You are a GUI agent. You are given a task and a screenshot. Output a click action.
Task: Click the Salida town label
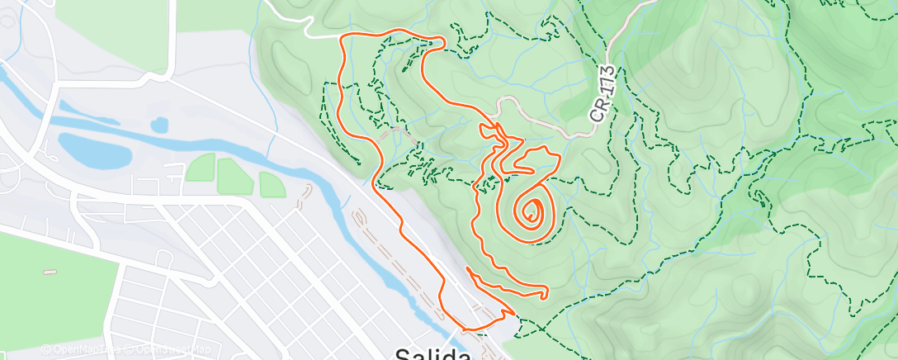pyautogui.click(x=432, y=353)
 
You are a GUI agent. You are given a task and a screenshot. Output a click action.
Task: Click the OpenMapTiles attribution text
pyautogui.click(x=79, y=350)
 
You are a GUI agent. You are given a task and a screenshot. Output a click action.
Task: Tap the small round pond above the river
pyautogui.click(x=159, y=125)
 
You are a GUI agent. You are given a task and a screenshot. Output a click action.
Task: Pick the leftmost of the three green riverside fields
pyautogui.click(x=200, y=168)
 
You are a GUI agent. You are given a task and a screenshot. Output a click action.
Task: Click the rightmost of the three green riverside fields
pyautogui.click(x=272, y=185)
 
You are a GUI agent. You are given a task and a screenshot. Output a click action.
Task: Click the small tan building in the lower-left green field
pyautogui.click(x=50, y=272)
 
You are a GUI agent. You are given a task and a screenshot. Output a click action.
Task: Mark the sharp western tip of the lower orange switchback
pyautogui.click(x=468, y=268)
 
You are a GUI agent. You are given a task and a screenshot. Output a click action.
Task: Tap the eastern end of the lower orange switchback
pyautogui.click(x=547, y=292)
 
